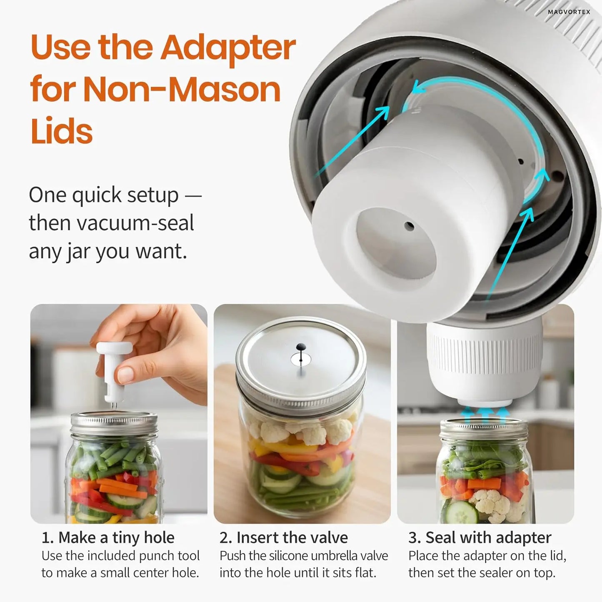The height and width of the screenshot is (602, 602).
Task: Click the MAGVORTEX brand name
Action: click(569, 12)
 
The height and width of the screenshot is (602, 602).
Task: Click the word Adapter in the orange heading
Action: click(228, 47)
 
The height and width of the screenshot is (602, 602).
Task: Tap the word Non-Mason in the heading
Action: click(182, 90)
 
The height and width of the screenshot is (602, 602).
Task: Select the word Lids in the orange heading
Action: click(61, 131)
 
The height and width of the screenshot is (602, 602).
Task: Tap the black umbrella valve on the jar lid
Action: click(300, 348)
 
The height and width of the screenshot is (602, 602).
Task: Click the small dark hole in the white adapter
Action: click(409, 226)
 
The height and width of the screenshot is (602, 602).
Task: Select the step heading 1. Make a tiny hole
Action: click(108, 537)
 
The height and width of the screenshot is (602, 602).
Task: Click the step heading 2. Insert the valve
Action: click(284, 537)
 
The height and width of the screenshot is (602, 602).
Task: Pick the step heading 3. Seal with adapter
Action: click(480, 537)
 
